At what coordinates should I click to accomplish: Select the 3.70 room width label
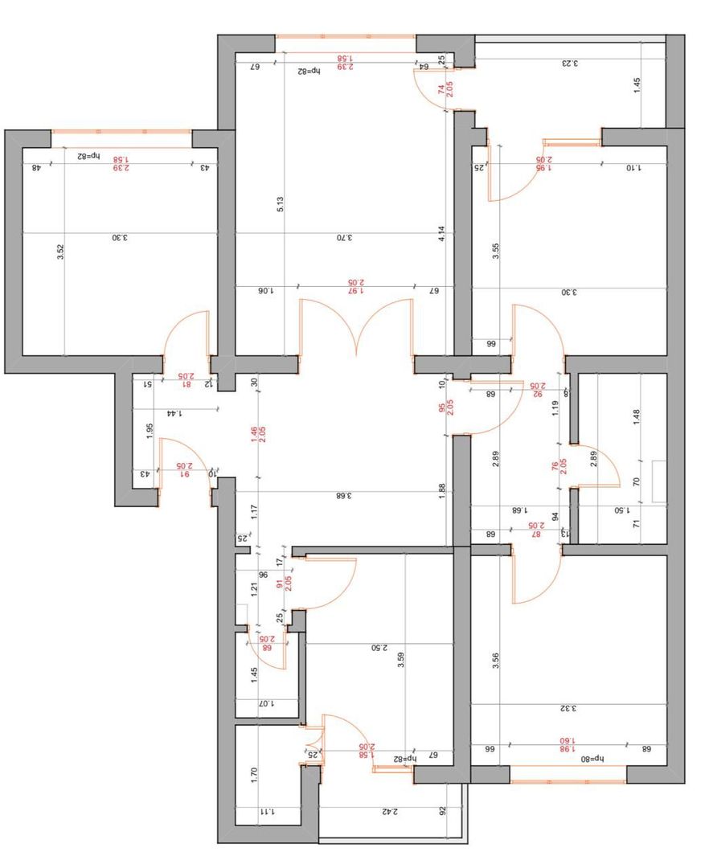(342, 238)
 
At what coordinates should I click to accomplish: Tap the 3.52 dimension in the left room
(60, 252)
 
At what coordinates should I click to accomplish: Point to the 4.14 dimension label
(441, 235)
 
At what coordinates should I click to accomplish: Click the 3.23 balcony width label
(569, 63)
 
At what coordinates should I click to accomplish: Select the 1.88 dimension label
(441, 492)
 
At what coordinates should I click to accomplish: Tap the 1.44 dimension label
(173, 413)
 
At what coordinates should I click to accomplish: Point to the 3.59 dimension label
(401, 661)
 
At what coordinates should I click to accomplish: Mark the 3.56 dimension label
(496, 661)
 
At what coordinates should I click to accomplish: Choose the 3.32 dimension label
(569, 709)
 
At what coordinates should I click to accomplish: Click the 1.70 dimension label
(254, 775)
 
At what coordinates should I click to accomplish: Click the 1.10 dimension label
(636, 167)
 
